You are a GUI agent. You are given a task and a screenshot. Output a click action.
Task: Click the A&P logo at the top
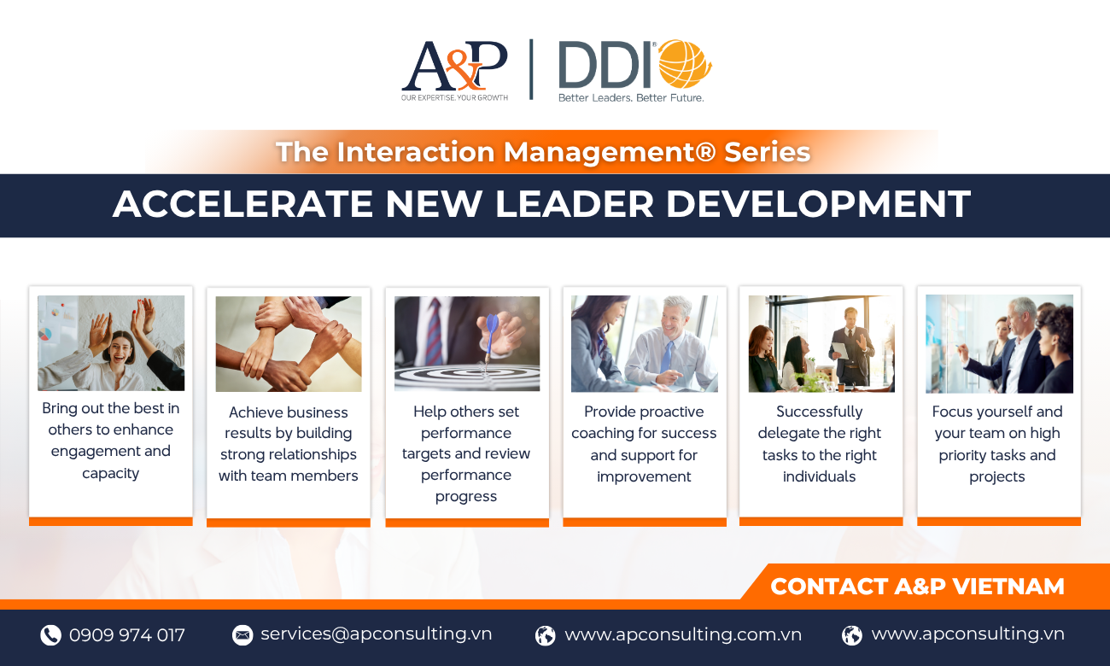click(x=454, y=70)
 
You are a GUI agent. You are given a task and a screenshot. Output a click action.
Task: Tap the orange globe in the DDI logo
click(x=685, y=64)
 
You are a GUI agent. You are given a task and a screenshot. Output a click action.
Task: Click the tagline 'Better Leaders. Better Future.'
click(x=631, y=97)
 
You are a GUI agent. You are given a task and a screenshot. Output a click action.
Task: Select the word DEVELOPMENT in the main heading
click(x=818, y=204)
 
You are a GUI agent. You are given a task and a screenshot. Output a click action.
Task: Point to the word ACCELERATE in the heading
click(x=242, y=204)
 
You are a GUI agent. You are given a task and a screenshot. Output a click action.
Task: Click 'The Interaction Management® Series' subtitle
click(x=543, y=152)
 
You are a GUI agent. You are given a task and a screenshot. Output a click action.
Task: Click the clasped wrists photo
click(x=289, y=344)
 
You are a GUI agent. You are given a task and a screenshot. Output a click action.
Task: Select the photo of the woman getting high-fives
click(x=111, y=343)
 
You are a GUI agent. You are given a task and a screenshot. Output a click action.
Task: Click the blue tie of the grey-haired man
click(x=667, y=357)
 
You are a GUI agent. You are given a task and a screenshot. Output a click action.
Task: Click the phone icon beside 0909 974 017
click(x=50, y=634)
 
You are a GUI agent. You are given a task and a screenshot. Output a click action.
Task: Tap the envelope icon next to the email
click(x=242, y=634)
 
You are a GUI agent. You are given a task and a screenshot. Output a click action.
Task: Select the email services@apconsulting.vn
click(x=376, y=634)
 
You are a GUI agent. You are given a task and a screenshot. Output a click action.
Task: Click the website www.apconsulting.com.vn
click(x=683, y=634)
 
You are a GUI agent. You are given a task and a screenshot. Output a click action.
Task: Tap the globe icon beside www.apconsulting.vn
click(x=852, y=634)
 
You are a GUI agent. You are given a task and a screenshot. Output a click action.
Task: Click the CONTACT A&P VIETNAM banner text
click(x=917, y=587)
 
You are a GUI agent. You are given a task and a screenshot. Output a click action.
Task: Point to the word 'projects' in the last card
click(x=997, y=476)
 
